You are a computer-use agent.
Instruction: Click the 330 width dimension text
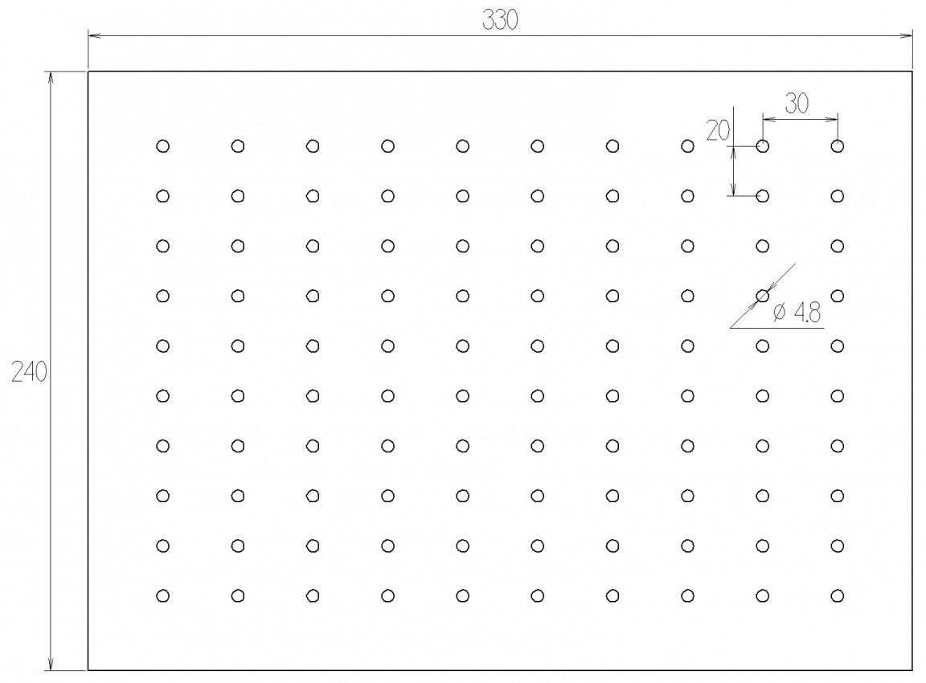[500, 20]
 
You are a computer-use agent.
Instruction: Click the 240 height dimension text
[29, 372]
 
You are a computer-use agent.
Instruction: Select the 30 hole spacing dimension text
[797, 104]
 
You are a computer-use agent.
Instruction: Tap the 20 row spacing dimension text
[718, 130]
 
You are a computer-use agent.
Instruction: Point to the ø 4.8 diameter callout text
[797, 312]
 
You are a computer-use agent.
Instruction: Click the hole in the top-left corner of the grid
[163, 145]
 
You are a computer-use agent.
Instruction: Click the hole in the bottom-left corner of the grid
[163, 595]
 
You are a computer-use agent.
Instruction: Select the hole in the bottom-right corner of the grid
[838, 595]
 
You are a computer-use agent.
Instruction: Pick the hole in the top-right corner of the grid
[838, 145]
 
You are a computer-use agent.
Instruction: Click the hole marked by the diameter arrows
[762, 296]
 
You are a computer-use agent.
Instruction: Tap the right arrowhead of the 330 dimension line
[906, 35]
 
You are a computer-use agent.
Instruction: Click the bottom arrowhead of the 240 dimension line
[51, 663]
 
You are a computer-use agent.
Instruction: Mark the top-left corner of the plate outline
[88, 72]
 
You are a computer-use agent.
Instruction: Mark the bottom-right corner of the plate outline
[912, 670]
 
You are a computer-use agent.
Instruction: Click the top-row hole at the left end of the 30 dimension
[762, 145]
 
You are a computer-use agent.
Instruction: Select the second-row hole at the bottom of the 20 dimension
[762, 196]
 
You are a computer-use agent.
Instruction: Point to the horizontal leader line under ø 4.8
[776, 328]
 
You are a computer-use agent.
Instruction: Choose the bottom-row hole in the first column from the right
[838, 595]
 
